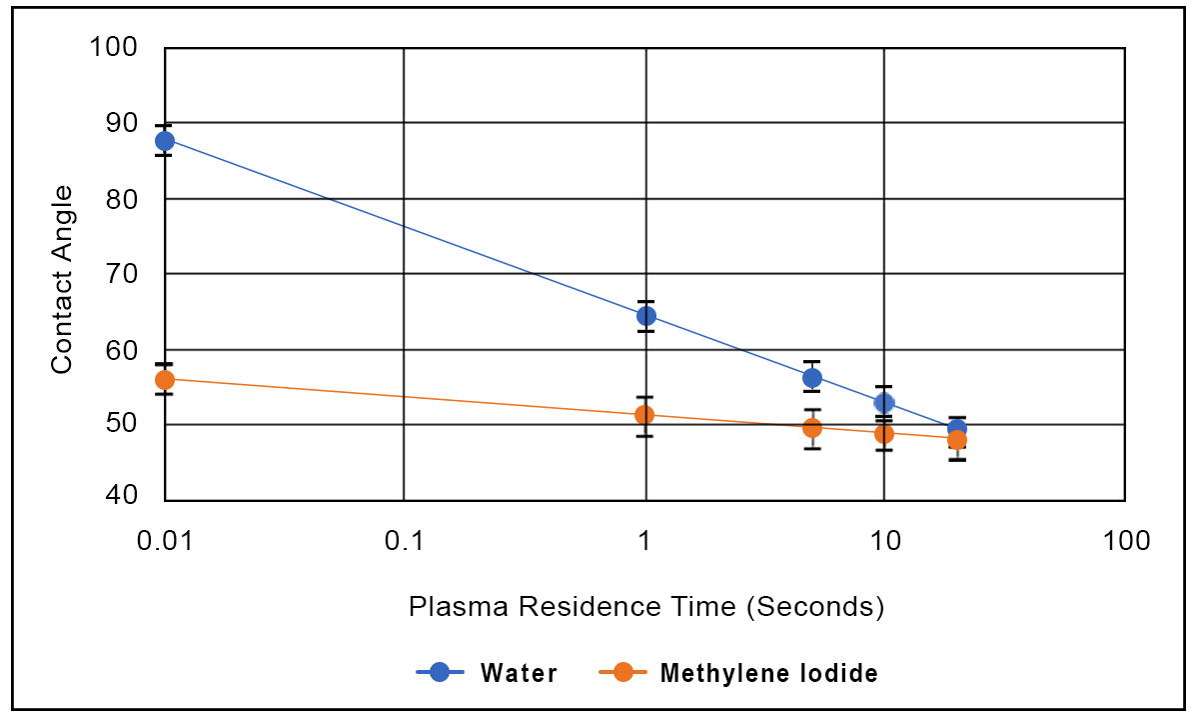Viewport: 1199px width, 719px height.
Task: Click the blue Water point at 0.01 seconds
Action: coord(165,141)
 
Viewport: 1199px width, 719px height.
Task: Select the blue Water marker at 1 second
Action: coord(645,316)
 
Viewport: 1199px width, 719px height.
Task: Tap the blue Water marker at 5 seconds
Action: coord(812,377)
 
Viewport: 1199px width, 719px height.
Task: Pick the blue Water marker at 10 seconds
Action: coord(884,403)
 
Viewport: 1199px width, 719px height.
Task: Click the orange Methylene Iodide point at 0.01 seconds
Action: coord(165,380)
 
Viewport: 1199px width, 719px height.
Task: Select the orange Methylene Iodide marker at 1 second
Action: coord(645,415)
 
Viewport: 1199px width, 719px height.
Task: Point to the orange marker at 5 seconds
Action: coord(812,428)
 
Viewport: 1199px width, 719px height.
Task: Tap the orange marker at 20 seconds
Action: coord(956,440)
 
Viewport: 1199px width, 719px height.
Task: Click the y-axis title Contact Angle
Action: coord(62,280)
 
